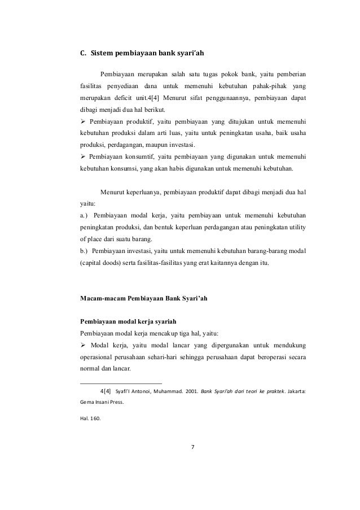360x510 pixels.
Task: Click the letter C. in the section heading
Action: [82, 54]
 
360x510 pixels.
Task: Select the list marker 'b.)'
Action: [85, 251]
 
